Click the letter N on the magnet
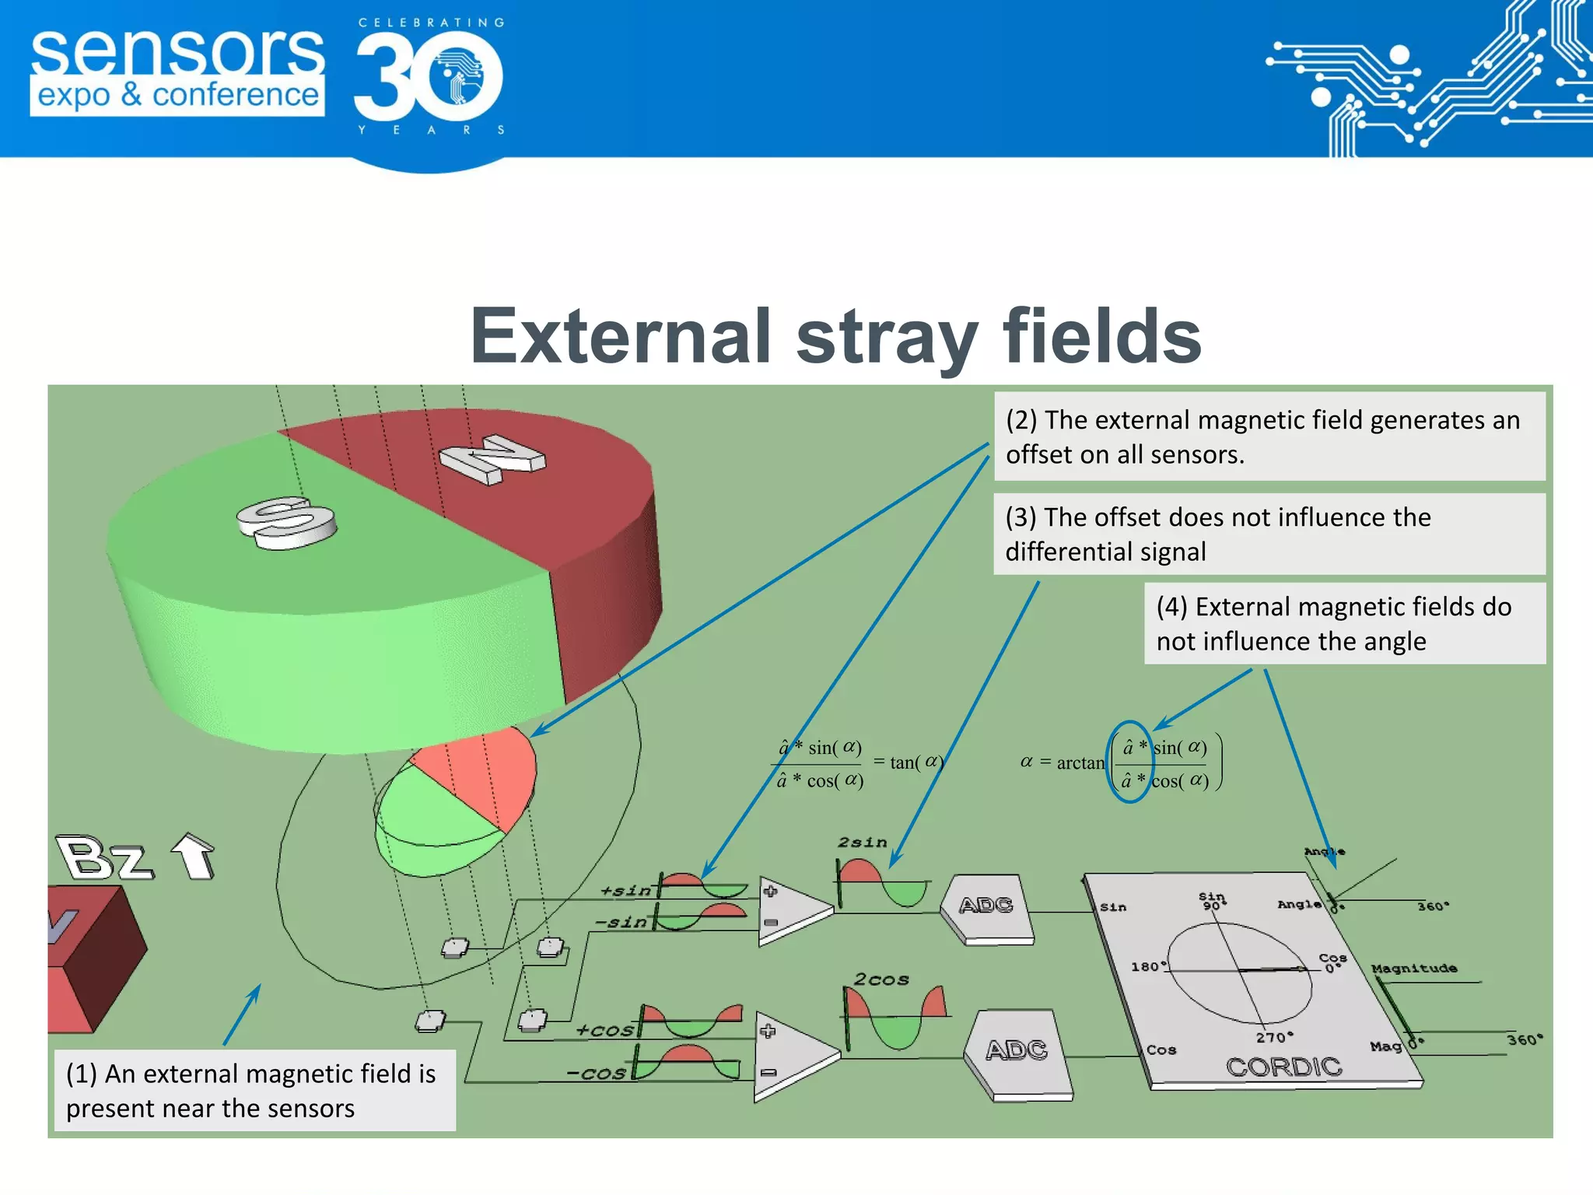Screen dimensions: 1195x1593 point(492,459)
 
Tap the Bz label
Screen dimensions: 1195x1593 point(104,859)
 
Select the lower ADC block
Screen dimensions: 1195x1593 point(1017,1051)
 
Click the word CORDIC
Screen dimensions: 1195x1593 point(1284,1067)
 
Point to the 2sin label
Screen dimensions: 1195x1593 point(862,843)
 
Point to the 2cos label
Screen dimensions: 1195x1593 point(881,979)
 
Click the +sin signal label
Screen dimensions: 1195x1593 point(625,891)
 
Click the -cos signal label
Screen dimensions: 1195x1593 point(596,1074)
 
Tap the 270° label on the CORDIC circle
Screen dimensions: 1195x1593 point(1274,1037)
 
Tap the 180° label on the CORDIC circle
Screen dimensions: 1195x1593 point(1148,966)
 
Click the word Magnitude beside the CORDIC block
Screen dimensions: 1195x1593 point(1413,969)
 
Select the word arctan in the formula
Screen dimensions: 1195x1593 point(1080,763)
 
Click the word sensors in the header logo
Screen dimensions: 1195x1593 point(177,51)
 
